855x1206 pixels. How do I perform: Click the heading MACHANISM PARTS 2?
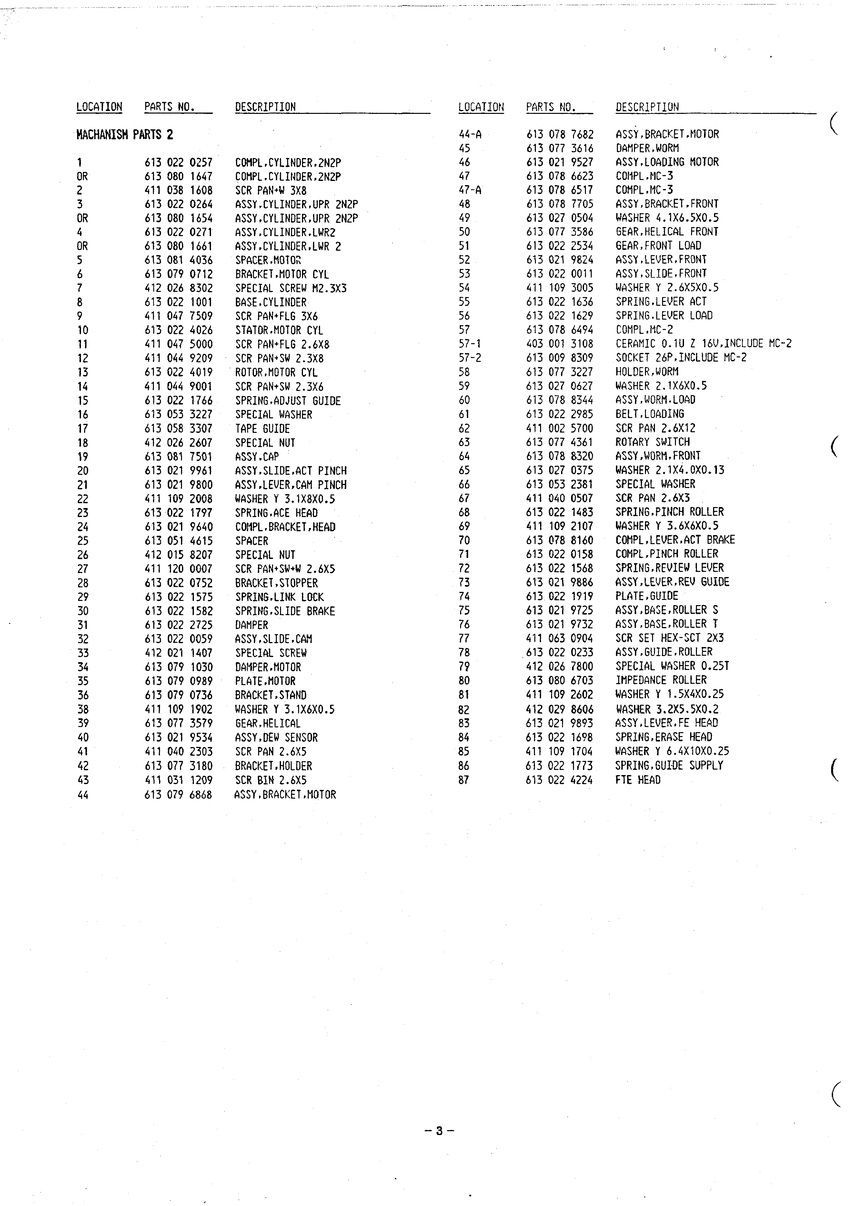(125, 135)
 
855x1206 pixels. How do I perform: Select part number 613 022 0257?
(178, 163)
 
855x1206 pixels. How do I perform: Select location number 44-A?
(470, 134)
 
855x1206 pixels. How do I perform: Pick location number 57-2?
(470, 358)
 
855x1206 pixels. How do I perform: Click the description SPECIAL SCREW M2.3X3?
(291, 288)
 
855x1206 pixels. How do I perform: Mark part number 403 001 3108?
(559, 344)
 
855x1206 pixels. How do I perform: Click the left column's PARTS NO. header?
(169, 107)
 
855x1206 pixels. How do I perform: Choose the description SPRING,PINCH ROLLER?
(670, 512)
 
